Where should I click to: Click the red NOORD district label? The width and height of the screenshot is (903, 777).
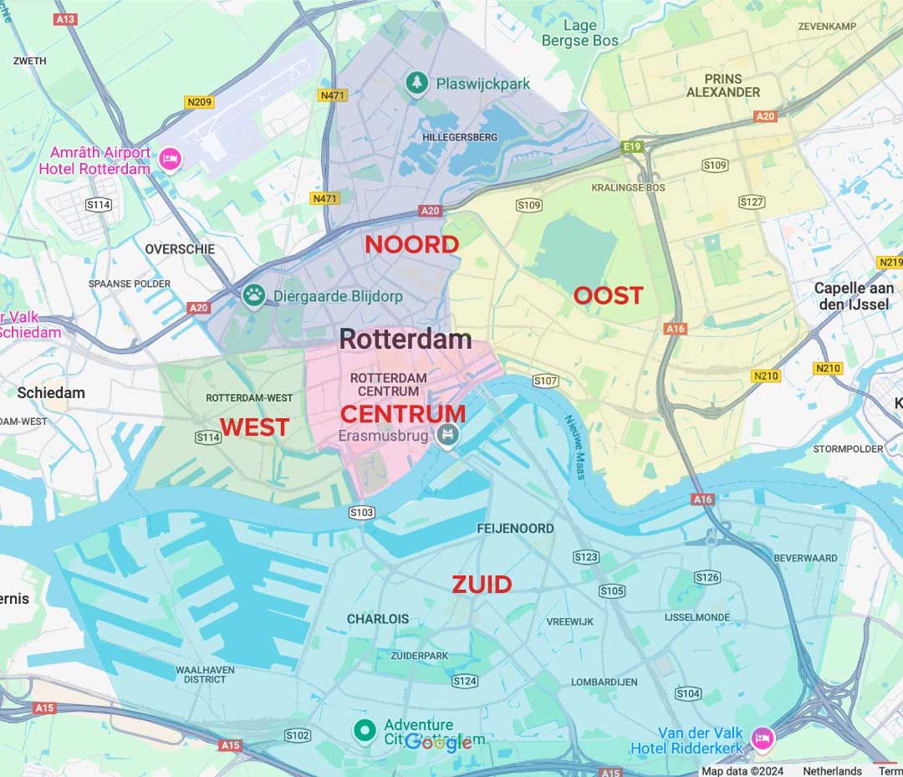tap(411, 244)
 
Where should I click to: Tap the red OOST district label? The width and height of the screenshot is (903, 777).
tap(608, 295)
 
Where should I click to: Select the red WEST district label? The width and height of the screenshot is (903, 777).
tap(254, 427)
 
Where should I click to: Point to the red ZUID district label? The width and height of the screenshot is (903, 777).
tap(482, 585)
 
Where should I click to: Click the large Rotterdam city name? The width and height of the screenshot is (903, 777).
tap(406, 339)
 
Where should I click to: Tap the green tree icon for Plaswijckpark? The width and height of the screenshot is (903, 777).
tap(416, 83)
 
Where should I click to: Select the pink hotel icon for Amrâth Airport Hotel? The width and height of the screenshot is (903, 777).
tap(171, 159)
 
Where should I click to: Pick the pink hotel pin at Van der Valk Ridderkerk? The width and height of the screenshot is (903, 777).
tap(762, 738)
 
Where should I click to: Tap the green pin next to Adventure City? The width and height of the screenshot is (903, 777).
tap(364, 730)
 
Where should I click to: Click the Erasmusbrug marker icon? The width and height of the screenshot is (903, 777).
tap(447, 434)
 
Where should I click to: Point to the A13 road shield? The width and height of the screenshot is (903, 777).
tap(64, 18)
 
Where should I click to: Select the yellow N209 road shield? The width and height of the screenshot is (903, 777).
tap(199, 102)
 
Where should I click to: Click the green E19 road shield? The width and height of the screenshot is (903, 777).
tap(631, 147)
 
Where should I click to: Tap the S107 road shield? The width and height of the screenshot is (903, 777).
tap(545, 381)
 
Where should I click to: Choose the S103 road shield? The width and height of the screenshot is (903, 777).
tap(361, 513)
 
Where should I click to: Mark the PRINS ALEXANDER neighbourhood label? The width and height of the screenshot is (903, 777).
tap(723, 85)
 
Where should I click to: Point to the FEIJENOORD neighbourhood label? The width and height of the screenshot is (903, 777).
tap(515, 529)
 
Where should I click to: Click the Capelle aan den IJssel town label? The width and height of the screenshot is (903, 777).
tap(854, 296)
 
